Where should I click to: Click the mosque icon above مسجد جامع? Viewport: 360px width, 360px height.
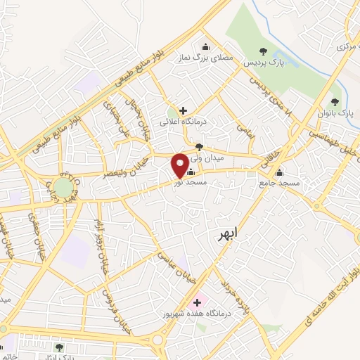pyautogui.click(x=280, y=173)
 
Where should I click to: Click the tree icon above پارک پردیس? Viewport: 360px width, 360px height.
pyautogui.click(x=263, y=51)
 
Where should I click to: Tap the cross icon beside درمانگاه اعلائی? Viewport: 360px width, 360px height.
pyautogui.click(x=183, y=110)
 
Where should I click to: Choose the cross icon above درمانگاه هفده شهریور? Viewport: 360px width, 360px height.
pyautogui.click(x=196, y=302)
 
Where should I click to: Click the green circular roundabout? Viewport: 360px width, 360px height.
pyautogui.click(x=63, y=188)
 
